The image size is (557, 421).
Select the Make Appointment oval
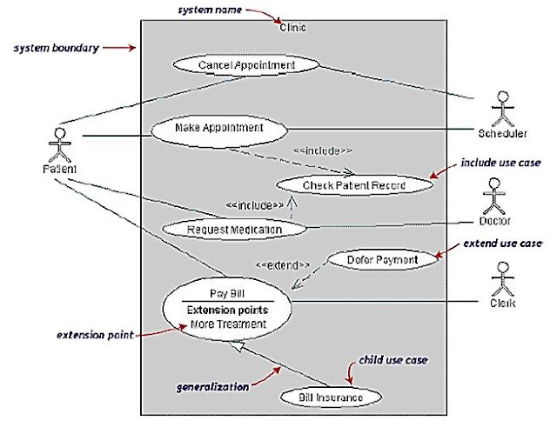tap(218, 128)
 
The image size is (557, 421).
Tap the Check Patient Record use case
tap(341, 185)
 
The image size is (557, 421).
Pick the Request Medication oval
tap(235, 230)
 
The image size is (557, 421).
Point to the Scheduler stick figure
tap(501, 109)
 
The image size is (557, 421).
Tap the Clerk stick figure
tap(501, 282)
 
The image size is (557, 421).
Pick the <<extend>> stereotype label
tap(283, 264)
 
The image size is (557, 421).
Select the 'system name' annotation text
tap(209, 10)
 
